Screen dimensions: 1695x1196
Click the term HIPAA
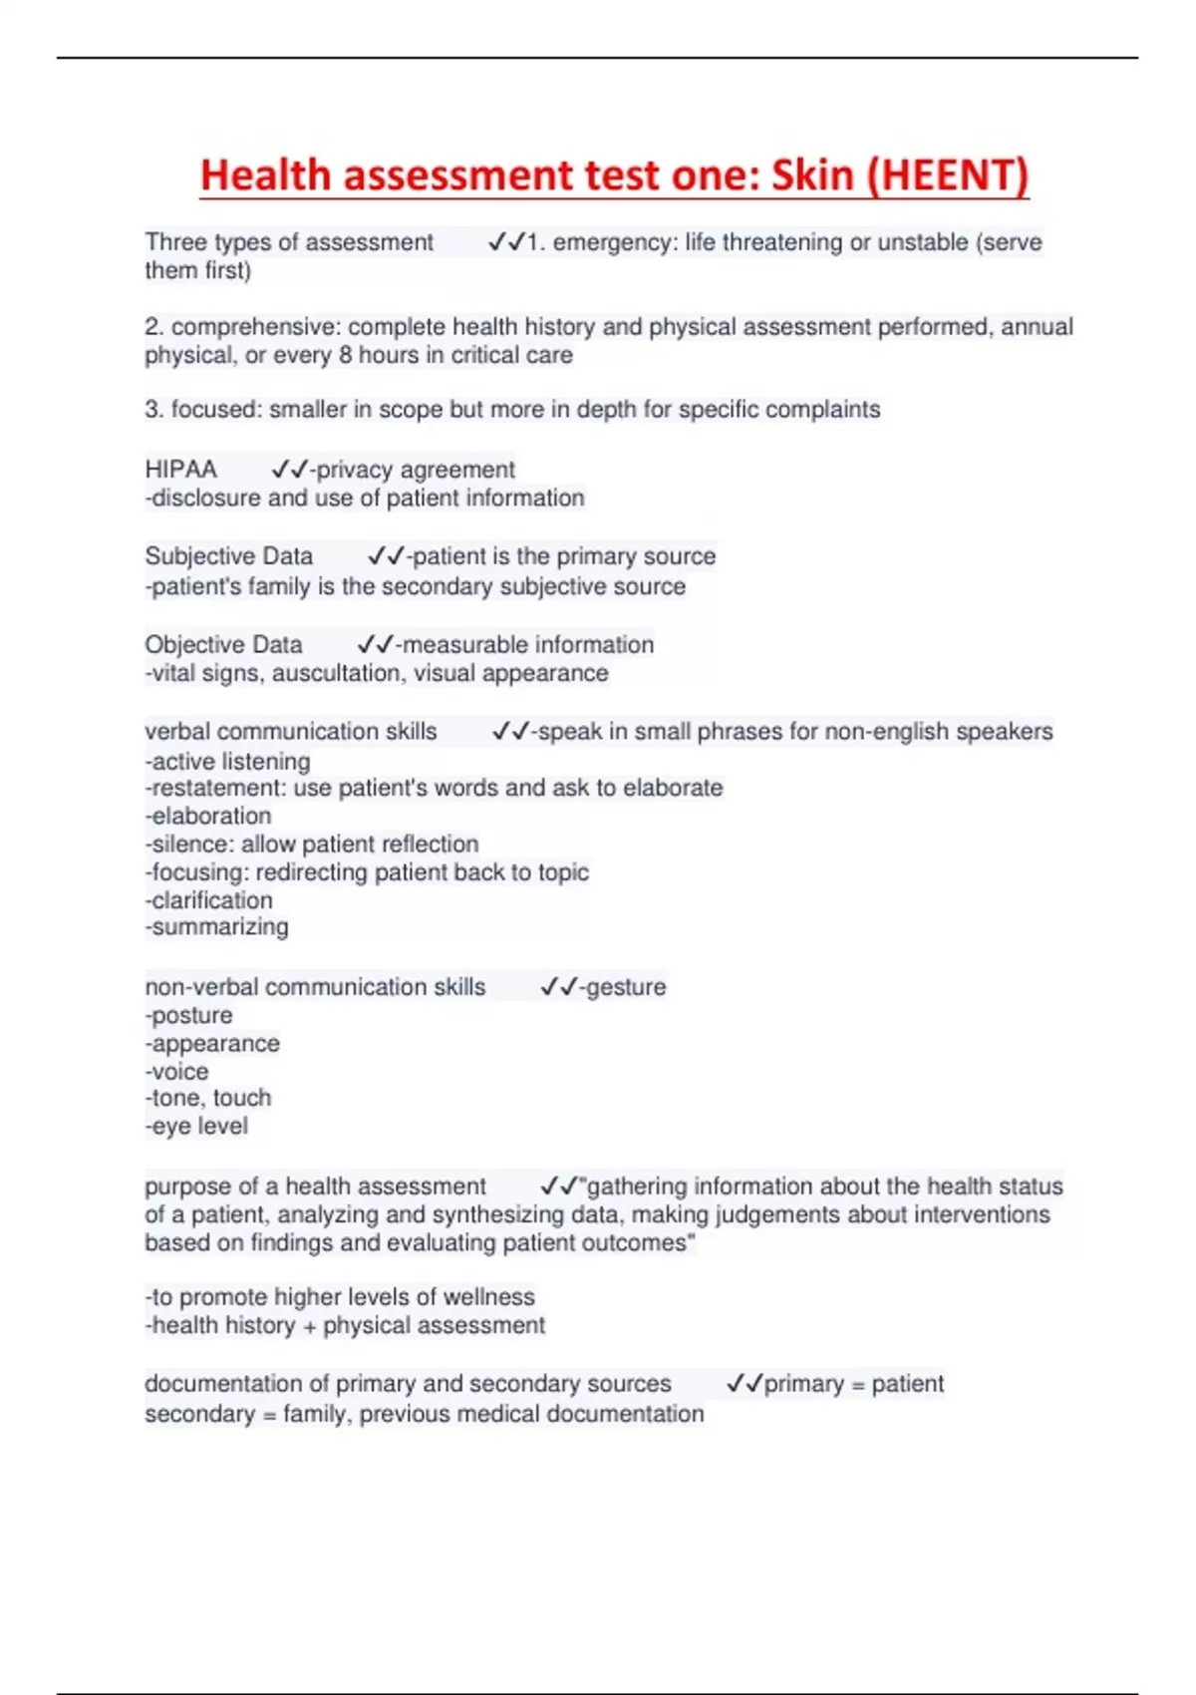(180, 470)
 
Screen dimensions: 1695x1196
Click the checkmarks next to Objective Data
(375, 645)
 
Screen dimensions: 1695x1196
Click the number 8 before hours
(345, 356)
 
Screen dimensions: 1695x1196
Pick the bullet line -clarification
(208, 900)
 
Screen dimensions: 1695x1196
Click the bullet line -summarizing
(216, 927)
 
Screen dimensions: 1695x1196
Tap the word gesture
(626, 987)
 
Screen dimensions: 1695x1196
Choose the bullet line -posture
(188, 1016)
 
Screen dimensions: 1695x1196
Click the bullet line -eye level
(196, 1127)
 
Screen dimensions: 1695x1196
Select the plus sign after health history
(309, 1326)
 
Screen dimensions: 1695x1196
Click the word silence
(191, 845)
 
